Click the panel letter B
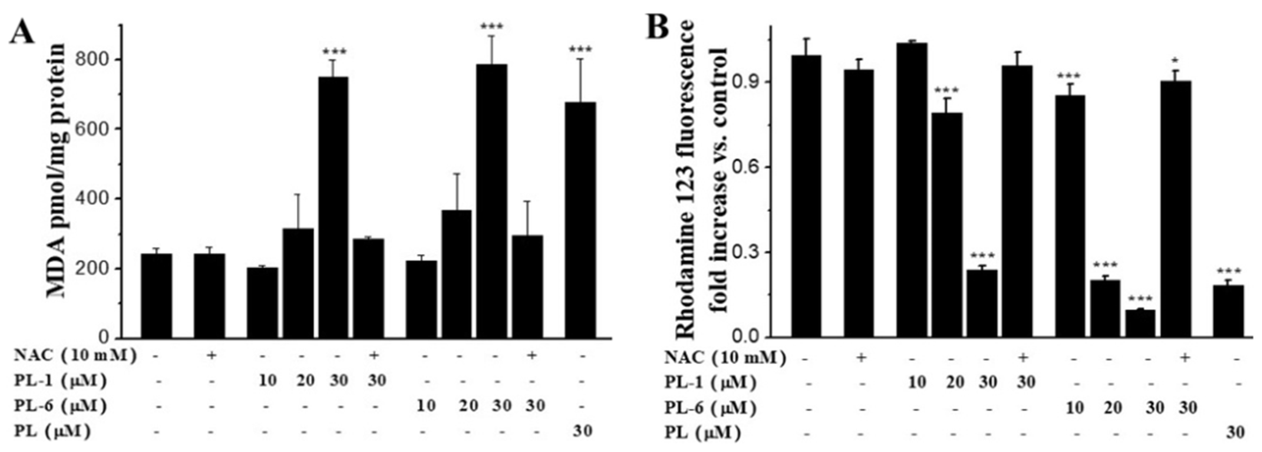(x=657, y=27)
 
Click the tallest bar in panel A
(x=492, y=201)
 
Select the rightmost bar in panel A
(x=580, y=220)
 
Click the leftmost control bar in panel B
(x=806, y=196)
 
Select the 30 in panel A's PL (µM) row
(x=583, y=431)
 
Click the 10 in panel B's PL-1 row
(x=917, y=383)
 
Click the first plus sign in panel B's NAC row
(x=861, y=358)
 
